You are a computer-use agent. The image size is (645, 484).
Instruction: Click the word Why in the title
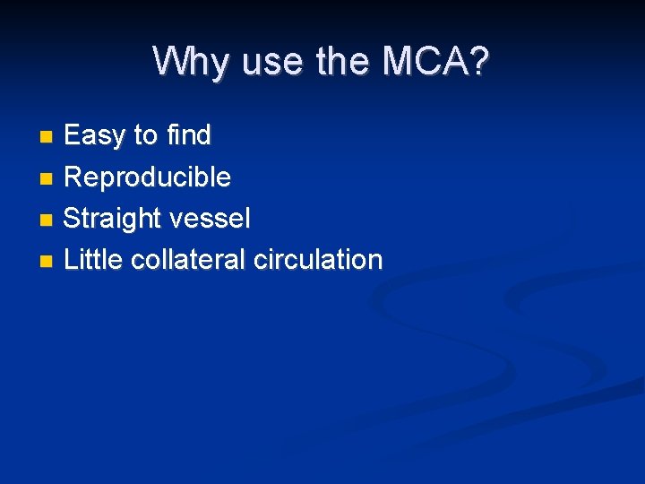click(185, 62)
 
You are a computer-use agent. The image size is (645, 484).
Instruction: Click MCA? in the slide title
click(436, 62)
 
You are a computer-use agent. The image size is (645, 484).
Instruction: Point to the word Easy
click(95, 136)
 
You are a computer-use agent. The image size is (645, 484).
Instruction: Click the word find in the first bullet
click(188, 136)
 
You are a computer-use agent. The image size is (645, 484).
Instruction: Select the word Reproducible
click(148, 177)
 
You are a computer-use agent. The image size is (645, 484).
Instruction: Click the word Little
click(94, 260)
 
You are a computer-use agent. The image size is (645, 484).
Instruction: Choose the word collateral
click(189, 260)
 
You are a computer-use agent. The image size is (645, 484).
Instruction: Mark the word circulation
click(318, 260)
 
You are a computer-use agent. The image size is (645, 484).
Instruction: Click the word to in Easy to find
click(145, 136)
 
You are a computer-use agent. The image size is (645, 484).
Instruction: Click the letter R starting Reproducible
click(73, 177)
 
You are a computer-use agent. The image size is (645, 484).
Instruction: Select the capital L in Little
click(72, 260)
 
